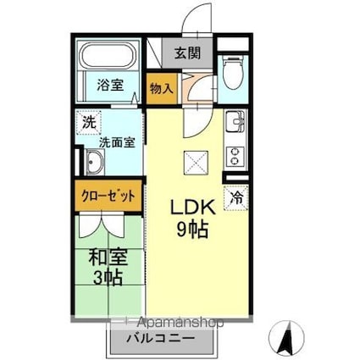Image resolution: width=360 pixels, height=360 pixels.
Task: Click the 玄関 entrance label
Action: coord(188,53)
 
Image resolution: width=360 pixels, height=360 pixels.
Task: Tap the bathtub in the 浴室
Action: coord(108,57)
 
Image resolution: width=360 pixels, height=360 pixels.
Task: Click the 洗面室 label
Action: coord(118,143)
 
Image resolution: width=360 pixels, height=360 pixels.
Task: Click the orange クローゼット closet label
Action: coord(108,195)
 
